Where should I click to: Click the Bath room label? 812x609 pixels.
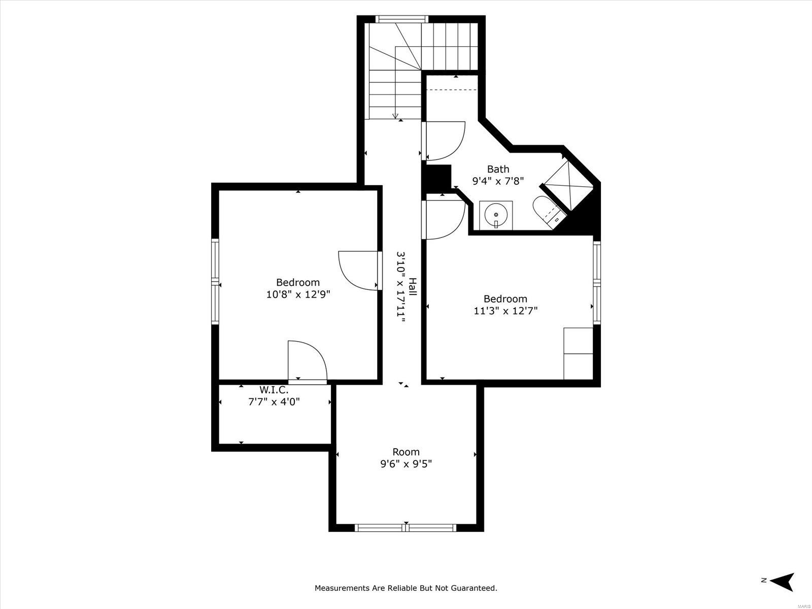pos(498,170)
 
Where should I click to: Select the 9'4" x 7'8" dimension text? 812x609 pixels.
pos(498,181)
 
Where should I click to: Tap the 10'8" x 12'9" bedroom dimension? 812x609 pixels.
pos(298,294)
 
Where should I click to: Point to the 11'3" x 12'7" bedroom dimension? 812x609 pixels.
pos(505,311)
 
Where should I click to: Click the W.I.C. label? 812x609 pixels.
pos(274,390)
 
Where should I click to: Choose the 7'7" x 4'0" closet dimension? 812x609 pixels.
pos(274,401)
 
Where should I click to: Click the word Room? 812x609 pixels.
pos(406,452)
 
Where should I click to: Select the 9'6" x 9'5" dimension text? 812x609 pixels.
pos(406,464)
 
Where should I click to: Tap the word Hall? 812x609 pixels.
pos(413,287)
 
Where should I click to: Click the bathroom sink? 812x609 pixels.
pos(496,215)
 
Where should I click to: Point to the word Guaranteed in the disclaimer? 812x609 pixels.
pos(474,588)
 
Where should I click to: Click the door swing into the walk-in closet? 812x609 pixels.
pos(308,360)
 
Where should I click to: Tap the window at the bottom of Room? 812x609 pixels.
pos(406,528)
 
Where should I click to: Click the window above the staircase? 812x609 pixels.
pos(402,19)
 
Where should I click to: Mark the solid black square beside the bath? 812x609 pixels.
pos(437,177)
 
